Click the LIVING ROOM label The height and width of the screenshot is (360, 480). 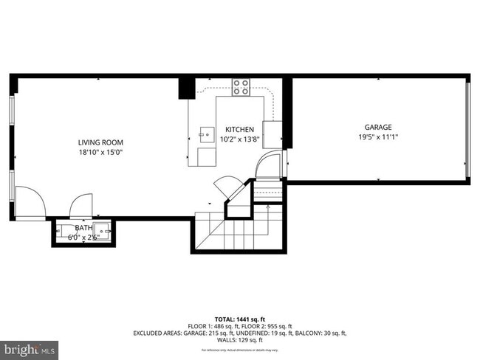pos(100,142)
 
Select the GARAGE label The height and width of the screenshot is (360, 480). pos(377,127)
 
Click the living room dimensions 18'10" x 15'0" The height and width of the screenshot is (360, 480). pos(100,153)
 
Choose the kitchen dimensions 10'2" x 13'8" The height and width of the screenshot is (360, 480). pos(239,139)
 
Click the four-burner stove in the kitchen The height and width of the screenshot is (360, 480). pos(241,87)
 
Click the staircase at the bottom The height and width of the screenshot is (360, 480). pos(229,233)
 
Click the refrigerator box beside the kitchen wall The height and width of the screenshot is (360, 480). pos(272,134)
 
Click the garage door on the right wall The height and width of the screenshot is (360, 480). pos(467,126)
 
